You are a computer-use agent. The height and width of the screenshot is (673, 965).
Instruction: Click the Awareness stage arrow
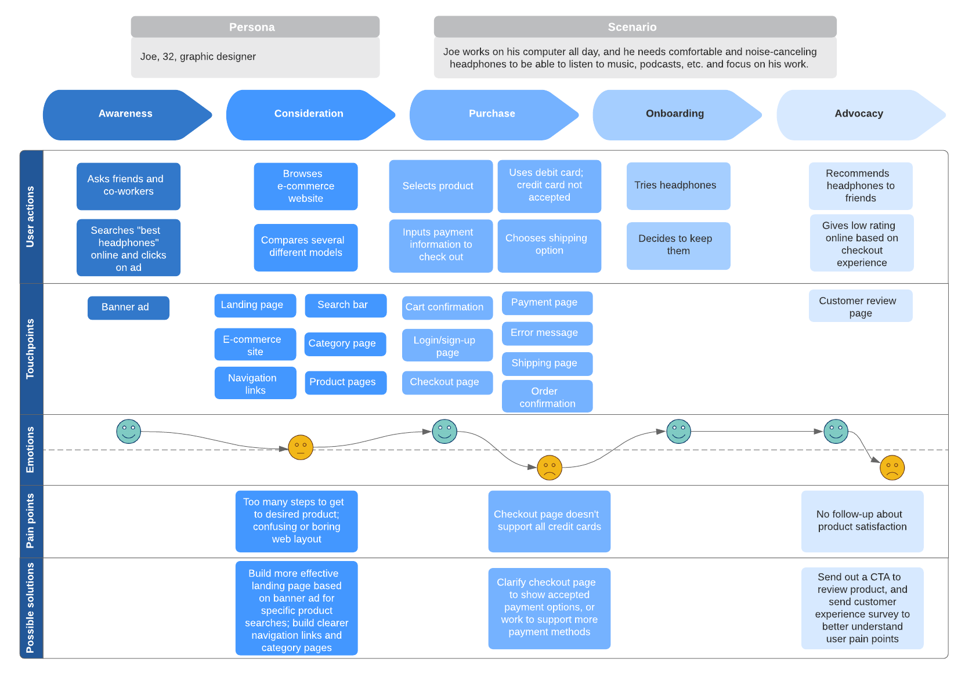click(x=125, y=114)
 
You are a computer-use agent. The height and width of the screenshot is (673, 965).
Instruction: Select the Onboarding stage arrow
click(x=675, y=114)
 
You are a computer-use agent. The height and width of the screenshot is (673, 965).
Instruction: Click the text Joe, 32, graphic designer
click(x=198, y=57)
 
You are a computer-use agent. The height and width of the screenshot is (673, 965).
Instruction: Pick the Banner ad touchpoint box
click(x=128, y=307)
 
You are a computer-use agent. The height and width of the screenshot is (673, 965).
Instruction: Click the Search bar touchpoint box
click(x=345, y=305)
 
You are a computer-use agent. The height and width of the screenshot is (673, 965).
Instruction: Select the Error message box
click(x=547, y=333)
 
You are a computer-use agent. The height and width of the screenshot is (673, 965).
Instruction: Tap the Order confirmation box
click(x=547, y=397)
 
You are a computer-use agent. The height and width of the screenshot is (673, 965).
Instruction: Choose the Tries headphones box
click(x=678, y=186)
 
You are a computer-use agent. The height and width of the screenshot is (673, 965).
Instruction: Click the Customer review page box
click(x=860, y=306)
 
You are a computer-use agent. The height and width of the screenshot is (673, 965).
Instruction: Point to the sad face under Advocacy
click(x=892, y=468)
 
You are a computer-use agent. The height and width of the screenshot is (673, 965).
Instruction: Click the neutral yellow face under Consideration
click(x=301, y=447)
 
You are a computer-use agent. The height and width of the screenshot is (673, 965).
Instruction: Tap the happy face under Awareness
click(x=129, y=432)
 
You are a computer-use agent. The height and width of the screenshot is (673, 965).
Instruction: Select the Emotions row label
click(x=31, y=450)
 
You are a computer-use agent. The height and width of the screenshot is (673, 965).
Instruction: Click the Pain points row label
click(x=31, y=521)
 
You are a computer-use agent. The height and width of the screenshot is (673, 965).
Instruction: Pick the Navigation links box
click(x=255, y=383)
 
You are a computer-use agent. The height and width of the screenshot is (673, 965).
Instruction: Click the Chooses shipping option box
click(x=549, y=245)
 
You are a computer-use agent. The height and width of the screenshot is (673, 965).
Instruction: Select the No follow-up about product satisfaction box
click(x=862, y=521)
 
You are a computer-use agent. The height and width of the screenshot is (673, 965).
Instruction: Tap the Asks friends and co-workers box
click(x=128, y=186)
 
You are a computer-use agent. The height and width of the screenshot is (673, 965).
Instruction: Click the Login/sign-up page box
click(x=447, y=346)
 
